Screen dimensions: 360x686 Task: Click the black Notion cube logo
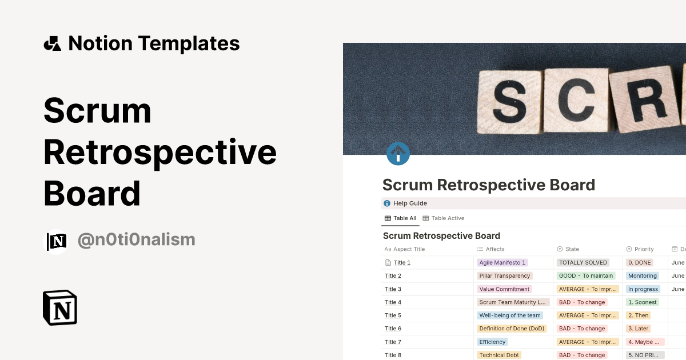point(60,307)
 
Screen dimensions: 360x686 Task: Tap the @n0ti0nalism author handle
point(136,240)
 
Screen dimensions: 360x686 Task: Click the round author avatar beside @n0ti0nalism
point(57,241)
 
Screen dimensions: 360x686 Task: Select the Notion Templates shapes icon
point(52,43)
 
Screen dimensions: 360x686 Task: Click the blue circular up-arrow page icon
point(398,154)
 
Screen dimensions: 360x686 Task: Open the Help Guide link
point(410,203)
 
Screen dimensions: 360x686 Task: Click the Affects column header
point(494,249)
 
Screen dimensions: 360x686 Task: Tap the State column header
point(572,249)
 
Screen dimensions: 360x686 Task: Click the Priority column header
point(644,249)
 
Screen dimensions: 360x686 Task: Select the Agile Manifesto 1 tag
point(502,262)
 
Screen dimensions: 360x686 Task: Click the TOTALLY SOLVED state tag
point(583,262)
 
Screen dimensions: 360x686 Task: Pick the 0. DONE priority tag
point(639,262)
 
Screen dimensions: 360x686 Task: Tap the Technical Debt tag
point(499,355)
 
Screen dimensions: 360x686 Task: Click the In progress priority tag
point(643,289)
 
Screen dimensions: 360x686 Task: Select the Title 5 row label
point(393,315)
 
